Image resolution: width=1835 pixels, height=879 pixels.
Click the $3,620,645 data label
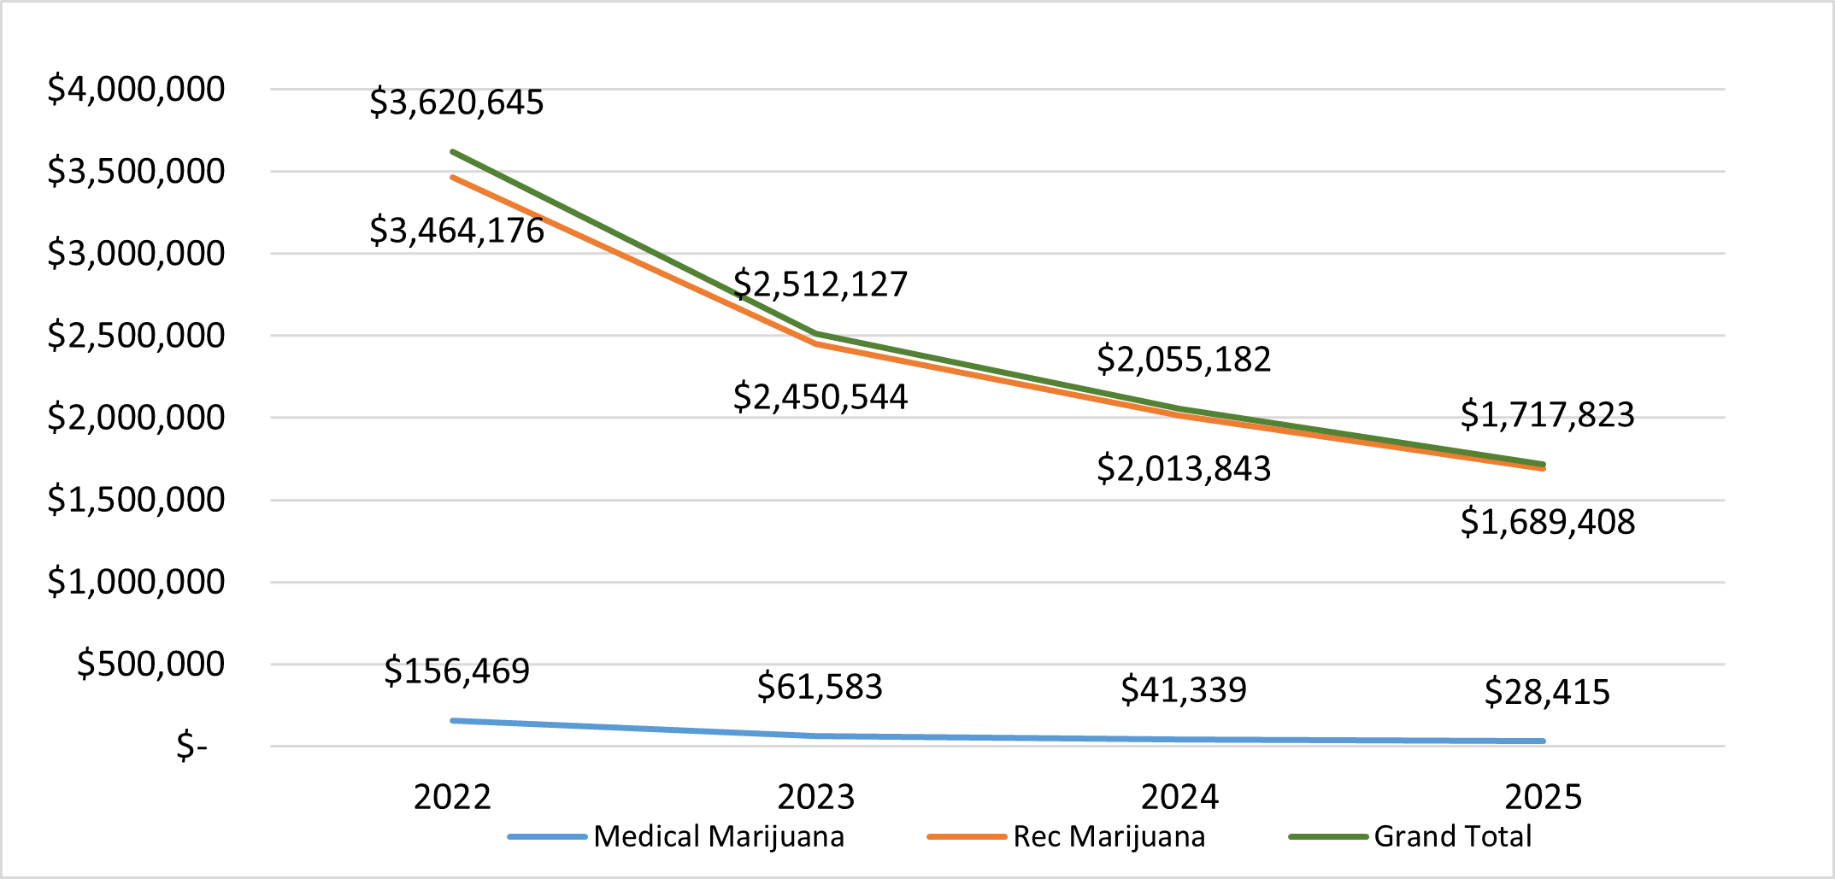[x=456, y=103]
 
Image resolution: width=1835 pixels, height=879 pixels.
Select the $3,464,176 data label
[x=456, y=231]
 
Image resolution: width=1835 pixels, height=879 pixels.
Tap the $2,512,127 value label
[x=820, y=284]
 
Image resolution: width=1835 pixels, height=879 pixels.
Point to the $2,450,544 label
[x=820, y=397]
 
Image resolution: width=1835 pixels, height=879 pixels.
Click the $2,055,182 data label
[x=1184, y=360]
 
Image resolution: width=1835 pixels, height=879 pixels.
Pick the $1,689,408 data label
[x=1547, y=522]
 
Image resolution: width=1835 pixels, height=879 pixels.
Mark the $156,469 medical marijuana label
[x=456, y=671]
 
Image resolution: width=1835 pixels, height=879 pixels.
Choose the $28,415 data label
[x=1547, y=692]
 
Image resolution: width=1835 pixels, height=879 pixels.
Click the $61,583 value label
[x=820, y=687]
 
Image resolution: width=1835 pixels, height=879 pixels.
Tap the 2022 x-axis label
[x=452, y=797]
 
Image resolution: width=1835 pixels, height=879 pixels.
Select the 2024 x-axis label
[x=1179, y=797]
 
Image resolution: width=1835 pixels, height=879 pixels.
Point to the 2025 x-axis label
[x=1543, y=797]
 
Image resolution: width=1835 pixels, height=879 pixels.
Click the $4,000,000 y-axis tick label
[x=136, y=89]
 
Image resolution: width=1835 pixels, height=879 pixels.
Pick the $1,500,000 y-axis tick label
[x=136, y=500]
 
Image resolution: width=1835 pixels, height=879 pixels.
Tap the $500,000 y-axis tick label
[x=150, y=664]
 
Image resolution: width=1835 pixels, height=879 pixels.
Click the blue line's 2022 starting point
[x=453, y=721]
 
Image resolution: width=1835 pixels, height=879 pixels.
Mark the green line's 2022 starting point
[x=453, y=152]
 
